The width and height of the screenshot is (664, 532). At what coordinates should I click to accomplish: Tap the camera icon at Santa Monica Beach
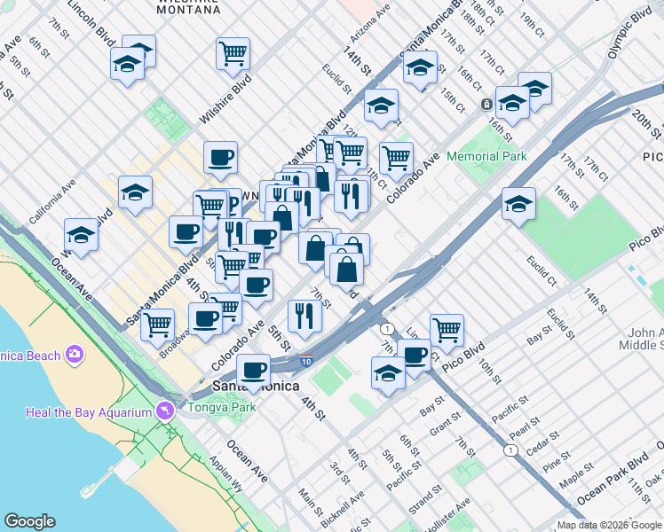(73, 355)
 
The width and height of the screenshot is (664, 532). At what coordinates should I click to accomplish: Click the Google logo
(29, 521)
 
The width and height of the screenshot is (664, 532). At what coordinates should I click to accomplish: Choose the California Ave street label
(51, 203)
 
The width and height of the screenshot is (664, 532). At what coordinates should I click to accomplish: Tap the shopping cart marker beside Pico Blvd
(447, 330)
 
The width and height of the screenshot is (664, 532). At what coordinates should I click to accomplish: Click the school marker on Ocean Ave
(81, 236)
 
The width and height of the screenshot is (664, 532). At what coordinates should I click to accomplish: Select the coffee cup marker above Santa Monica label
(253, 370)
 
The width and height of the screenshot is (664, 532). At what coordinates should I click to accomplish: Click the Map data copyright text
(609, 525)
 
